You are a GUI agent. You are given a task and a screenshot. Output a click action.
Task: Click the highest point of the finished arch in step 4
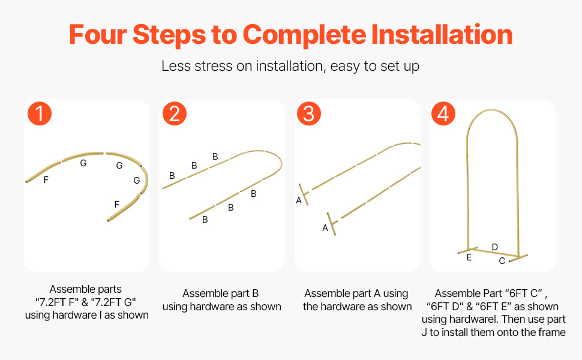[491, 110]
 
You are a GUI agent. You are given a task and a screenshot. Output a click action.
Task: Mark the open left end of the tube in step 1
[27, 181]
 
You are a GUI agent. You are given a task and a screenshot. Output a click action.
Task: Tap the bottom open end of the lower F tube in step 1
[109, 220]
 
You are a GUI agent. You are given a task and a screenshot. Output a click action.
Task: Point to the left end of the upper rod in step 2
[163, 188]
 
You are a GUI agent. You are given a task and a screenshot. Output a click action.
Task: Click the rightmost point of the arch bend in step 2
[282, 164]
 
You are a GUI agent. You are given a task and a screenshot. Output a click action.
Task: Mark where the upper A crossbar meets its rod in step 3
[304, 193]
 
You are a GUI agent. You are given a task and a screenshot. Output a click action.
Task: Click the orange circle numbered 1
[40, 113]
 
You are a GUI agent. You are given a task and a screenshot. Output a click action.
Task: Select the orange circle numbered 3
[309, 113]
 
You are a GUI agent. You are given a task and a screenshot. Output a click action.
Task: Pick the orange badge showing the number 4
[443, 113]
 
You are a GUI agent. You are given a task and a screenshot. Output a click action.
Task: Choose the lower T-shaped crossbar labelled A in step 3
[332, 224]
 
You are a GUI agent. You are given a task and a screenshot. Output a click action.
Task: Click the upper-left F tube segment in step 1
[43, 172]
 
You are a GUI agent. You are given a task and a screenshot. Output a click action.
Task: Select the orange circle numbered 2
[175, 113]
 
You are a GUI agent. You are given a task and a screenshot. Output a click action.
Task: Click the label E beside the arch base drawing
[469, 257]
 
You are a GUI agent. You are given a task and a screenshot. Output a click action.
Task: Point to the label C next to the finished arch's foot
[502, 261]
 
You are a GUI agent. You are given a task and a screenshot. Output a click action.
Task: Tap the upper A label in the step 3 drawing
[299, 200]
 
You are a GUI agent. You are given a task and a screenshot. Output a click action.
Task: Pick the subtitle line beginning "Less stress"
[290, 66]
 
